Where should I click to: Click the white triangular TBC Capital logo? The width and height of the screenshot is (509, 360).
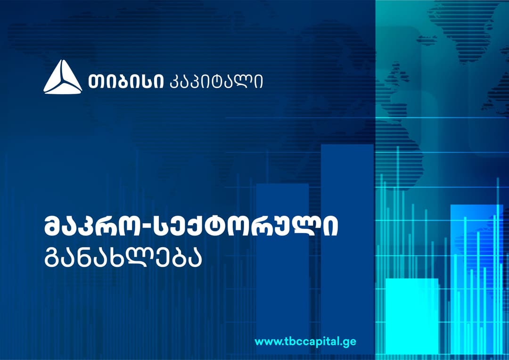click(x=63, y=77)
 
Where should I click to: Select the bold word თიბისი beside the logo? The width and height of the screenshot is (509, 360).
click(x=126, y=81)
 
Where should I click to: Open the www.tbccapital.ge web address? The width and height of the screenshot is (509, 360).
click(x=305, y=341)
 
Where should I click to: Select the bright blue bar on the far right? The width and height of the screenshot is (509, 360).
click(x=476, y=278)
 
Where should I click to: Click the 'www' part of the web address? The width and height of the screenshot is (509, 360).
click(x=265, y=341)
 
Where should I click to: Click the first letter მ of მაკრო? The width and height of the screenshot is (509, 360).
click(x=54, y=227)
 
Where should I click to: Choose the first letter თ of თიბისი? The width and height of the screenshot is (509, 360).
click(x=95, y=81)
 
